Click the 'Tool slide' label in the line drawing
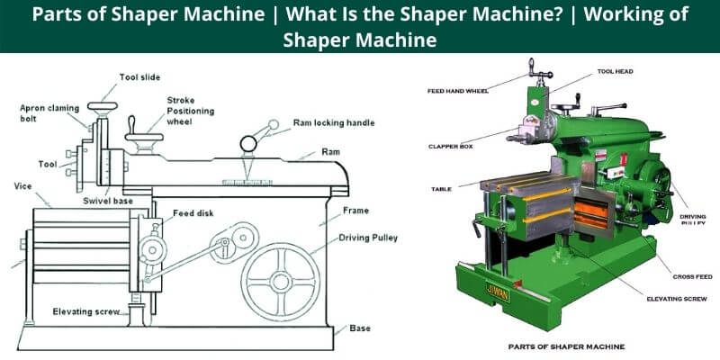pos(141,78)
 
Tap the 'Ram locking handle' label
pos(334,122)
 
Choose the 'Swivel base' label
pos(111,201)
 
